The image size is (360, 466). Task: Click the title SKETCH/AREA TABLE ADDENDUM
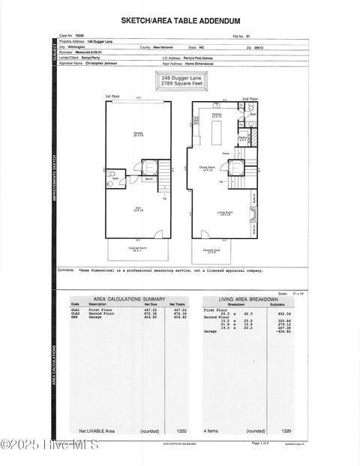coord(181,22)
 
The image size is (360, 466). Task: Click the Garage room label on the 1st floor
coord(138,133)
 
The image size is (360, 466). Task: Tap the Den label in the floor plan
coord(137,211)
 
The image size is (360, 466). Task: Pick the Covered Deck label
coord(211,251)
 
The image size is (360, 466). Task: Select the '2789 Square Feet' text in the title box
coord(181,84)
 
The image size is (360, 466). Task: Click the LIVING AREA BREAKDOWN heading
coord(244,298)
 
